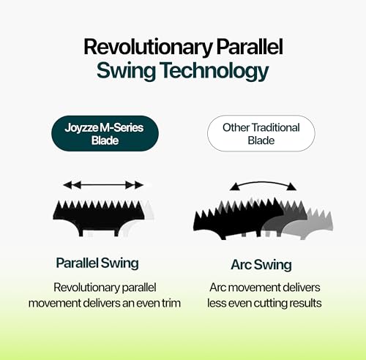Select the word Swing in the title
(x=126, y=71)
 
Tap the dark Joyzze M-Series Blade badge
(x=105, y=133)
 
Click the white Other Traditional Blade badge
(x=261, y=133)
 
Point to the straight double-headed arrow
(x=103, y=185)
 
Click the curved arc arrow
(x=263, y=182)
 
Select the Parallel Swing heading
(x=97, y=263)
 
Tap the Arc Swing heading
(x=261, y=265)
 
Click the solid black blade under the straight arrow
(x=99, y=218)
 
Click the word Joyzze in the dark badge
(x=81, y=128)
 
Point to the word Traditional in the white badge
(x=275, y=127)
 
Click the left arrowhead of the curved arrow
(x=235, y=187)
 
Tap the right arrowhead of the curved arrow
(x=291, y=187)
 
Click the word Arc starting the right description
(x=218, y=288)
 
